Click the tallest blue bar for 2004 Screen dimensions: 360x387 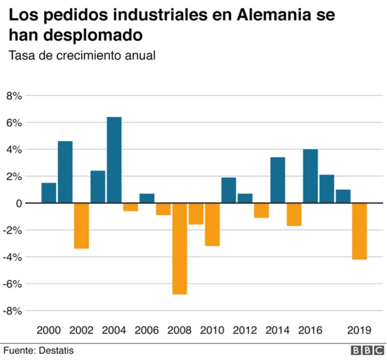(114, 159)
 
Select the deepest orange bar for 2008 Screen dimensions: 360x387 (180, 248)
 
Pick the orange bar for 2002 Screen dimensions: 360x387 (82, 225)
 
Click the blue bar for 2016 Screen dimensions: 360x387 (310, 176)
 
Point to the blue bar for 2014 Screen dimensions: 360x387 (278, 180)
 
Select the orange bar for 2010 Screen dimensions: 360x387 (212, 224)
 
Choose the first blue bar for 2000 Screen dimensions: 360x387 (49, 193)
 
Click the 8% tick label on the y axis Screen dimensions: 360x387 (14, 96)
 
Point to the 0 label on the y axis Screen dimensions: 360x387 (19, 204)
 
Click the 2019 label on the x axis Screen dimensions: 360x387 (359, 330)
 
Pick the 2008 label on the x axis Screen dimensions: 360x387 (180, 330)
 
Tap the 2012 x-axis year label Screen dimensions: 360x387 (245, 330)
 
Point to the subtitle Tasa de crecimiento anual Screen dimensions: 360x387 (82, 56)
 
